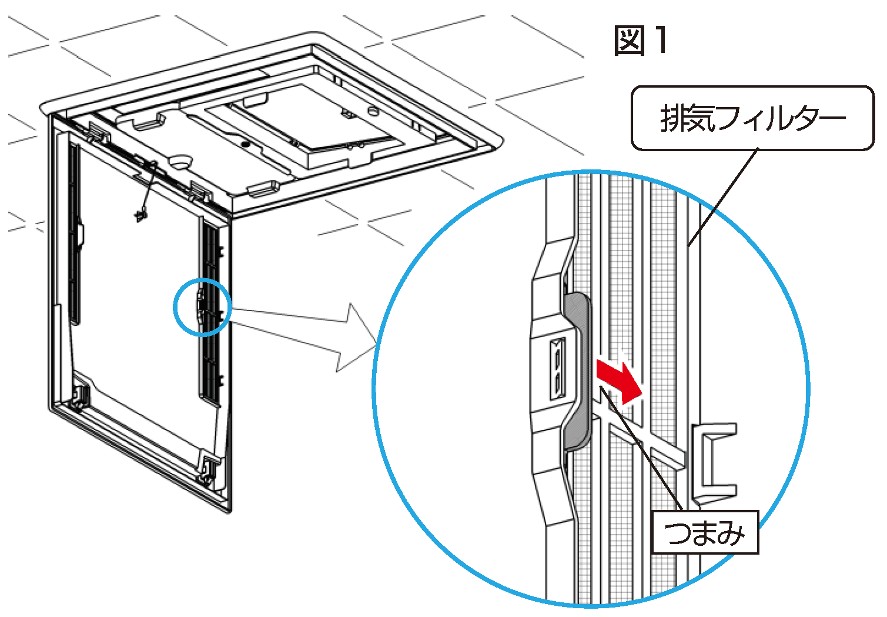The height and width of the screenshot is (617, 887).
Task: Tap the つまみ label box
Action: click(x=705, y=533)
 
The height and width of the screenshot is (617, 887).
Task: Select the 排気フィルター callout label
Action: click(x=752, y=118)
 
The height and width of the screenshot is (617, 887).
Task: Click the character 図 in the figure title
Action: click(x=629, y=41)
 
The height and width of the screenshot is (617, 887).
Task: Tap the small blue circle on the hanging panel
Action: click(x=202, y=306)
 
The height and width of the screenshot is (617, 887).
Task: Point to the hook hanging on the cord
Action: click(x=140, y=215)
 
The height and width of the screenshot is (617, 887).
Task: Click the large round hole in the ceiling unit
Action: click(x=182, y=161)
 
